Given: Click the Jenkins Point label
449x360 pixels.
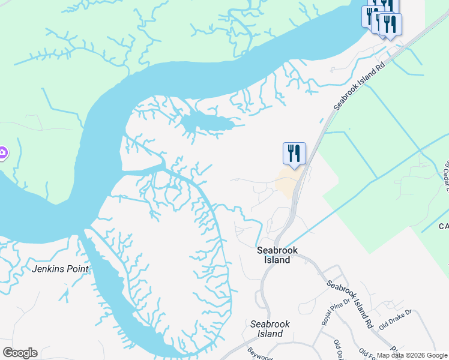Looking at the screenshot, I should point(60,269).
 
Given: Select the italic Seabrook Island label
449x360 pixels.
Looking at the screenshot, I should point(270,329).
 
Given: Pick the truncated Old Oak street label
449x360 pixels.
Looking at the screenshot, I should point(340,350).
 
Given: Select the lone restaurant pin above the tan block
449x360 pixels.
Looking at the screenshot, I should point(294,152).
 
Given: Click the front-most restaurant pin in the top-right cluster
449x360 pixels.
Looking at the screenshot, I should point(390,25).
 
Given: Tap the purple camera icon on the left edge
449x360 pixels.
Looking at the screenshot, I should point(2,154).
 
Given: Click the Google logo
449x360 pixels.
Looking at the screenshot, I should point(20,353).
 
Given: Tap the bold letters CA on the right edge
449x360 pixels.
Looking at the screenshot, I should point(444,227).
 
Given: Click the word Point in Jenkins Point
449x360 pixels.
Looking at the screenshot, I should point(77,269).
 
